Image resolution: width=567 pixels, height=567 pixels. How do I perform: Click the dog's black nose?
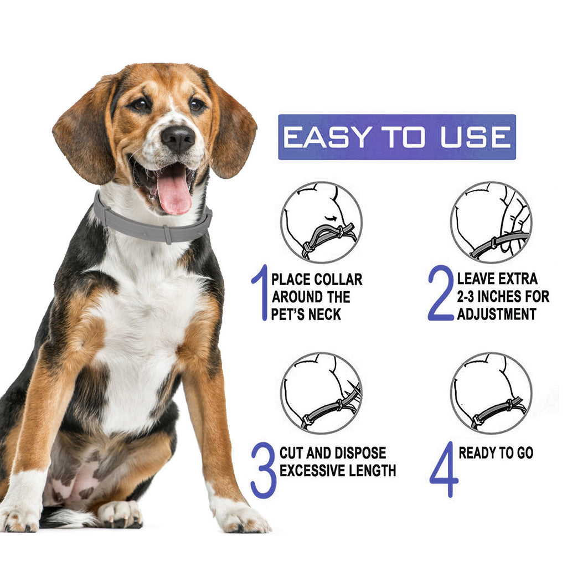coord(178,138)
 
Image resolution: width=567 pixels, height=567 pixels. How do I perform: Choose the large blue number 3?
coord(263,470)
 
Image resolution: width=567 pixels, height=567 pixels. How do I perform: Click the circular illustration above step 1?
coord(321,222)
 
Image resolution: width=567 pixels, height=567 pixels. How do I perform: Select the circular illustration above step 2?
coord(491,222)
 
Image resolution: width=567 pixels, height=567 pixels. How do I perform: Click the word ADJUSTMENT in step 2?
coord(497,315)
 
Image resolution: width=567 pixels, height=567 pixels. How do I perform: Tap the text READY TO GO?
coord(496,453)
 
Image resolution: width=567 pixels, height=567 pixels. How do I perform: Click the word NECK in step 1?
coord(325,315)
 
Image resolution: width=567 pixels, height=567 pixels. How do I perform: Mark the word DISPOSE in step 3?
coord(359,453)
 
